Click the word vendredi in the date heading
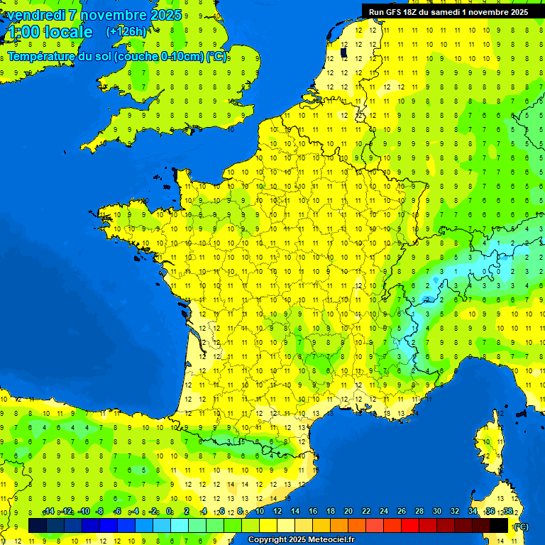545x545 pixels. [33, 15]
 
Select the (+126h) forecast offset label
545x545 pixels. [126, 32]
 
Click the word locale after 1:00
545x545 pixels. [67, 32]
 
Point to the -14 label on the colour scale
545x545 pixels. [48, 512]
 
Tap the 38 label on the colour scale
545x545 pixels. [508, 512]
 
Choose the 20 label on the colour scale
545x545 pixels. [348, 512]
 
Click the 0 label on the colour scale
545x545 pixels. [169, 512]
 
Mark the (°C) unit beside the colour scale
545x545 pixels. [521, 527]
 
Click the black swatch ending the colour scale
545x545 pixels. [499, 525]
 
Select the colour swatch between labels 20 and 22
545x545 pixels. [357, 525]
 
